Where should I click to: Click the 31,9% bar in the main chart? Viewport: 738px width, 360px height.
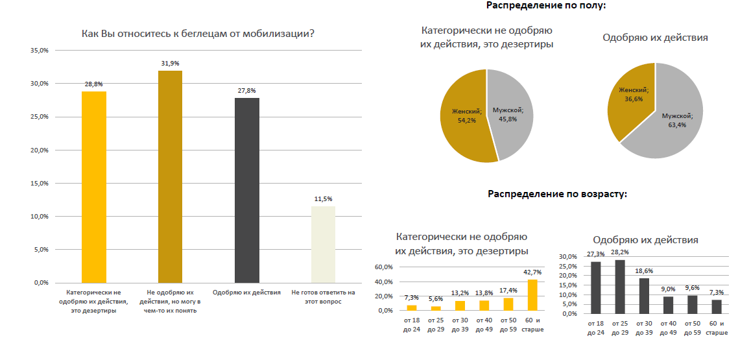tap(170, 176)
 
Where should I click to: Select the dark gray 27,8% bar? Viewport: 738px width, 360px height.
tap(246, 190)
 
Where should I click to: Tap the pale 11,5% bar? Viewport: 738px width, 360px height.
tap(323, 245)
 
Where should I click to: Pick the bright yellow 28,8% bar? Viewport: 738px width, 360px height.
tap(94, 187)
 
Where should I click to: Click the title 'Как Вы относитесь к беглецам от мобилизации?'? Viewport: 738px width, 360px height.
tap(198, 34)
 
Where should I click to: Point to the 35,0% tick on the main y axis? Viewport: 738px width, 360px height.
tap(40, 50)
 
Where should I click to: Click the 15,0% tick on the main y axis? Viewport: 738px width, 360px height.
tap(40, 184)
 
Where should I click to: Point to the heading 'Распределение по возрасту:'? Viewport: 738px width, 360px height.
tap(557, 194)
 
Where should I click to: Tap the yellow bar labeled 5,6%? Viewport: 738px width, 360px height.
tap(436, 308)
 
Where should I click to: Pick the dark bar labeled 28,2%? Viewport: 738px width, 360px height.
tap(620, 287)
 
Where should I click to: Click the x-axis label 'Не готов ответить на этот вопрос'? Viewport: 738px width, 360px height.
tap(323, 297)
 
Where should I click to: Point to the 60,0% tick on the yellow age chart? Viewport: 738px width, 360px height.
tap(384, 267)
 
